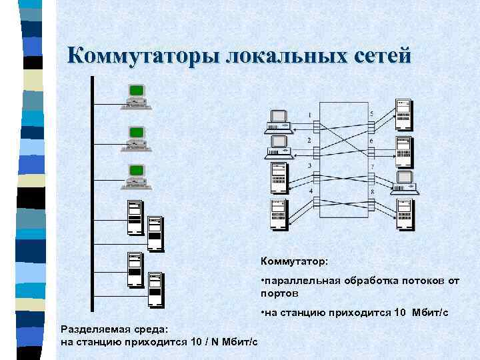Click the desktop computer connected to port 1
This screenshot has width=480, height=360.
278,120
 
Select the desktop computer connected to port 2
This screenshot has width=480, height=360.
278,147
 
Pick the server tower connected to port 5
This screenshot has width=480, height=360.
403,113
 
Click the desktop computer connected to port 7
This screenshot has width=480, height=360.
405,181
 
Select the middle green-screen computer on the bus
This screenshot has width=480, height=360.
137,137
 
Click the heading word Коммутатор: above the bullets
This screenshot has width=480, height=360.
290,261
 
